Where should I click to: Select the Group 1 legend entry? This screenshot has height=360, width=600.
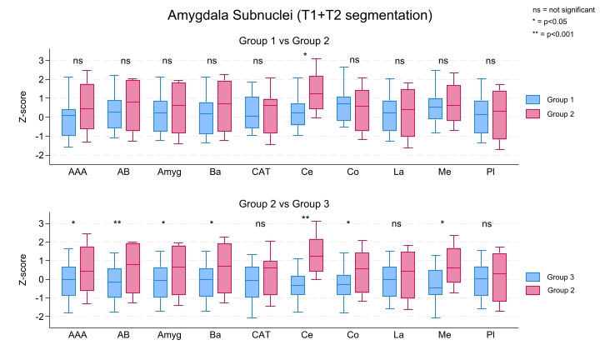pyautogui.click(x=554, y=98)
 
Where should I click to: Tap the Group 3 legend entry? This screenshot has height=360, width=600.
pyautogui.click(x=554, y=277)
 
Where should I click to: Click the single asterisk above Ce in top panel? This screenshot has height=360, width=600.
pyautogui.click(x=305, y=56)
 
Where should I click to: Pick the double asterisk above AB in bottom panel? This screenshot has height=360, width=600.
pyautogui.click(x=117, y=223)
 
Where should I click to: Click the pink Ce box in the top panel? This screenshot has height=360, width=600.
pyautogui.click(x=316, y=92)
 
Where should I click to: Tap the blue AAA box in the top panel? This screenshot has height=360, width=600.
pyautogui.click(x=68, y=122)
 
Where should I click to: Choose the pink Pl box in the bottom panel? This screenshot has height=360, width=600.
pyautogui.click(x=500, y=277)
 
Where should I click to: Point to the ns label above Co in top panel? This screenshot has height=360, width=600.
pyautogui.click(x=354, y=60)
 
